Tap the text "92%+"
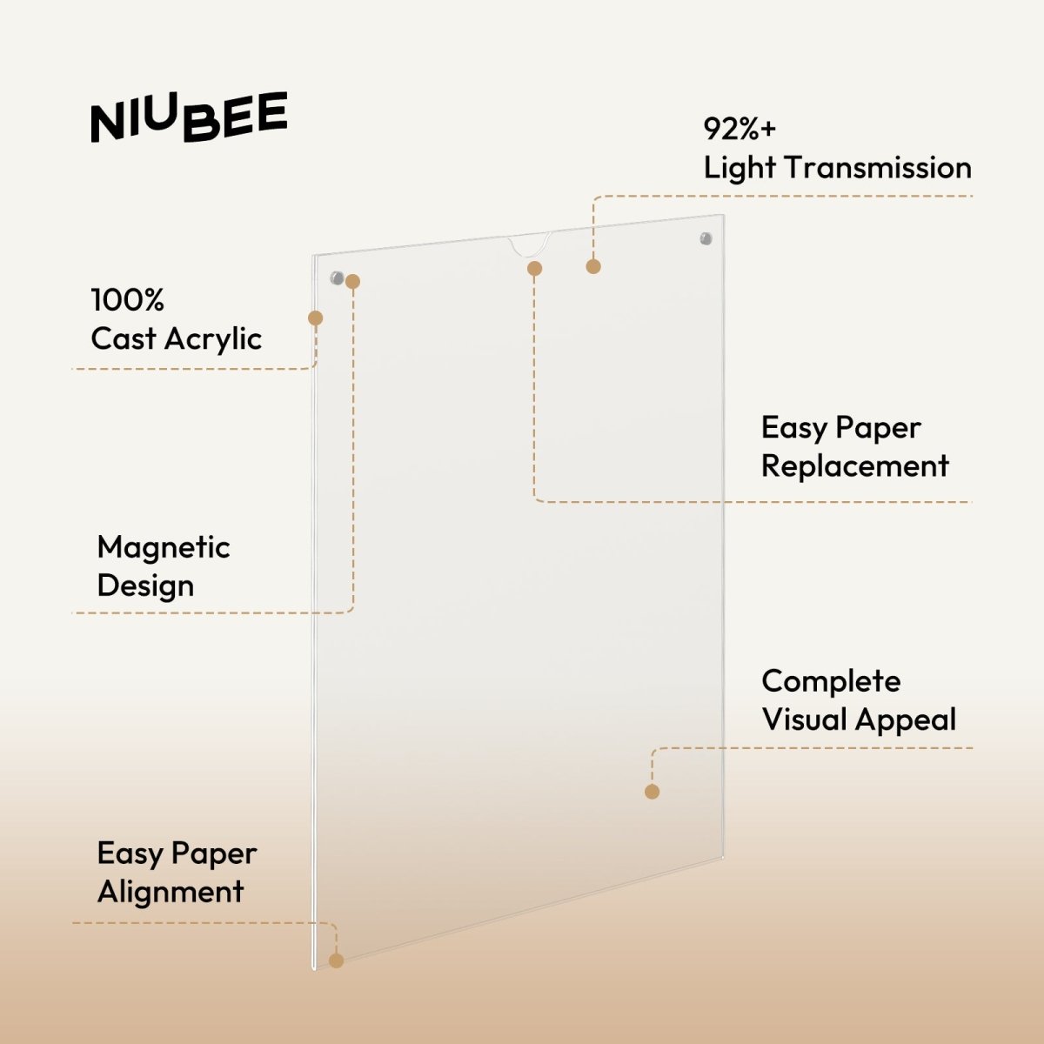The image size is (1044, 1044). tap(739, 129)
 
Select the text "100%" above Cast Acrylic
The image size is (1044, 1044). tap(127, 300)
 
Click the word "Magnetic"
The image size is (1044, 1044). tap(164, 547)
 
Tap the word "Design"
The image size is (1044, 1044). tap(145, 586)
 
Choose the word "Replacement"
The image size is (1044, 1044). tap(854, 465)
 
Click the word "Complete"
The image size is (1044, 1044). tap(831, 681)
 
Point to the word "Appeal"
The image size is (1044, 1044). tap(905, 719)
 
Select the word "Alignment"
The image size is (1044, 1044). tap(171, 892)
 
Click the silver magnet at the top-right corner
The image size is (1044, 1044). tap(706, 238)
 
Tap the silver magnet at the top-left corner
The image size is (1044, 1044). tap(336, 278)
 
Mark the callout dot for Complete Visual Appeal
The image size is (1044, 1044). tap(652, 791)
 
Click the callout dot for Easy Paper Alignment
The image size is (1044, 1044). tap(337, 960)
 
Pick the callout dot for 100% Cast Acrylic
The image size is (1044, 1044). tap(316, 318)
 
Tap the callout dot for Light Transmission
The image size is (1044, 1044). tap(593, 266)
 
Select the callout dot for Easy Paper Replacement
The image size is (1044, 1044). tap(535, 269)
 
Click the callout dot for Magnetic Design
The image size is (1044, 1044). tap(352, 281)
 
